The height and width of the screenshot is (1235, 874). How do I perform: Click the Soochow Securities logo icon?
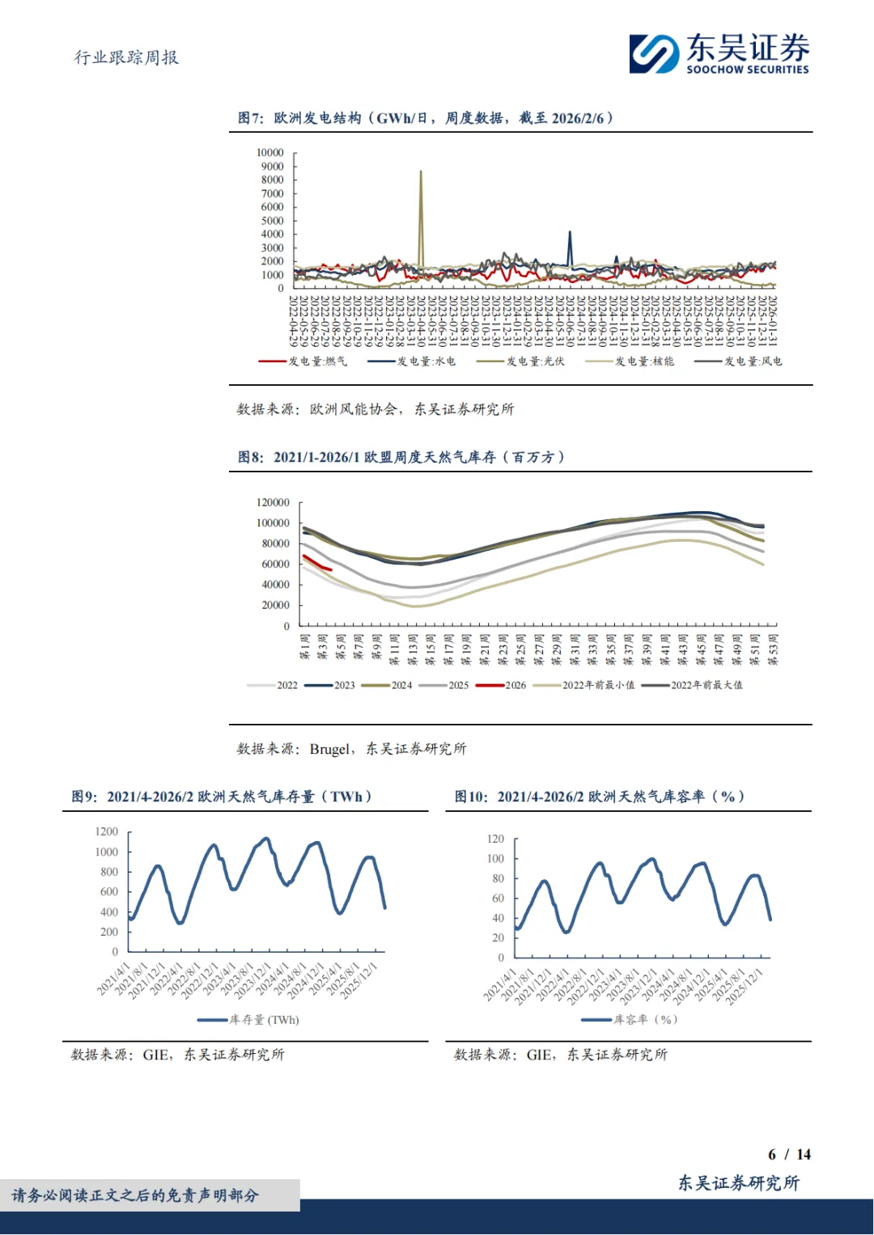(654, 53)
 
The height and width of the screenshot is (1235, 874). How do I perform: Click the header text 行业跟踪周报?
(126, 57)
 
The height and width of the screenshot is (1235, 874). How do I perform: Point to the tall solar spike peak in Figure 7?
(420, 172)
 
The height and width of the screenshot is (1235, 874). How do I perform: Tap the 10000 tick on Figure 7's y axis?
(270, 153)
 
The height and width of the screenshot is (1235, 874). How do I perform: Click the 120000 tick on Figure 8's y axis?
(273, 502)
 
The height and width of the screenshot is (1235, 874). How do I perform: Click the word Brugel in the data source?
(330, 749)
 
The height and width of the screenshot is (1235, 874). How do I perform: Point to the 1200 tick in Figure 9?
(107, 831)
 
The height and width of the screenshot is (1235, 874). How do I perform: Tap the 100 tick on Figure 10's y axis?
(495, 859)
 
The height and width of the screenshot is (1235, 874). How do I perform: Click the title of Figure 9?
(222, 797)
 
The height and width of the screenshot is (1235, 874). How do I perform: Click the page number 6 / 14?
(789, 1154)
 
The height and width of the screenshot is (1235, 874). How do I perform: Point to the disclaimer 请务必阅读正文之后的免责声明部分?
(135, 1195)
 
